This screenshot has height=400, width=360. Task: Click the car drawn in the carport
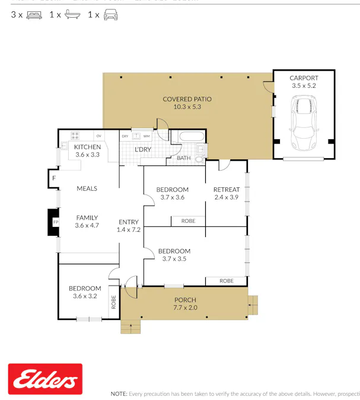[304, 124]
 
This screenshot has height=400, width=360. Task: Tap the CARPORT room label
[304, 78]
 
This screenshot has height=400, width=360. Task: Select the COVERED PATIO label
[187, 99]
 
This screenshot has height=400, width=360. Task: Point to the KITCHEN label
[87, 147]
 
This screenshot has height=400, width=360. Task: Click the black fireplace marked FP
[54, 222]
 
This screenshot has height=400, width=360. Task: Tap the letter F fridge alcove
[53, 178]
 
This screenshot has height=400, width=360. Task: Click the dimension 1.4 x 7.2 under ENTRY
[128, 229]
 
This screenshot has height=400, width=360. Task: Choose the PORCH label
[185, 300]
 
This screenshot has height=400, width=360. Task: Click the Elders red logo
[45, 379]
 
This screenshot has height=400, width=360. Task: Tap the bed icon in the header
[34, 15]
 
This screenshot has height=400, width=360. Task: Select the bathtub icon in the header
[72, 15]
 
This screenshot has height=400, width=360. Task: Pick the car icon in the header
[110, 15]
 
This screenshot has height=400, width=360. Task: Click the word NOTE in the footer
[119, 393]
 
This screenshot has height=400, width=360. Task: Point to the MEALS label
[87, 188]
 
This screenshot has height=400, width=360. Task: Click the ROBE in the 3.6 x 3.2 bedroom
[113, 303]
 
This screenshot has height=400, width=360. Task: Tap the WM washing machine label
[146, 136]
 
